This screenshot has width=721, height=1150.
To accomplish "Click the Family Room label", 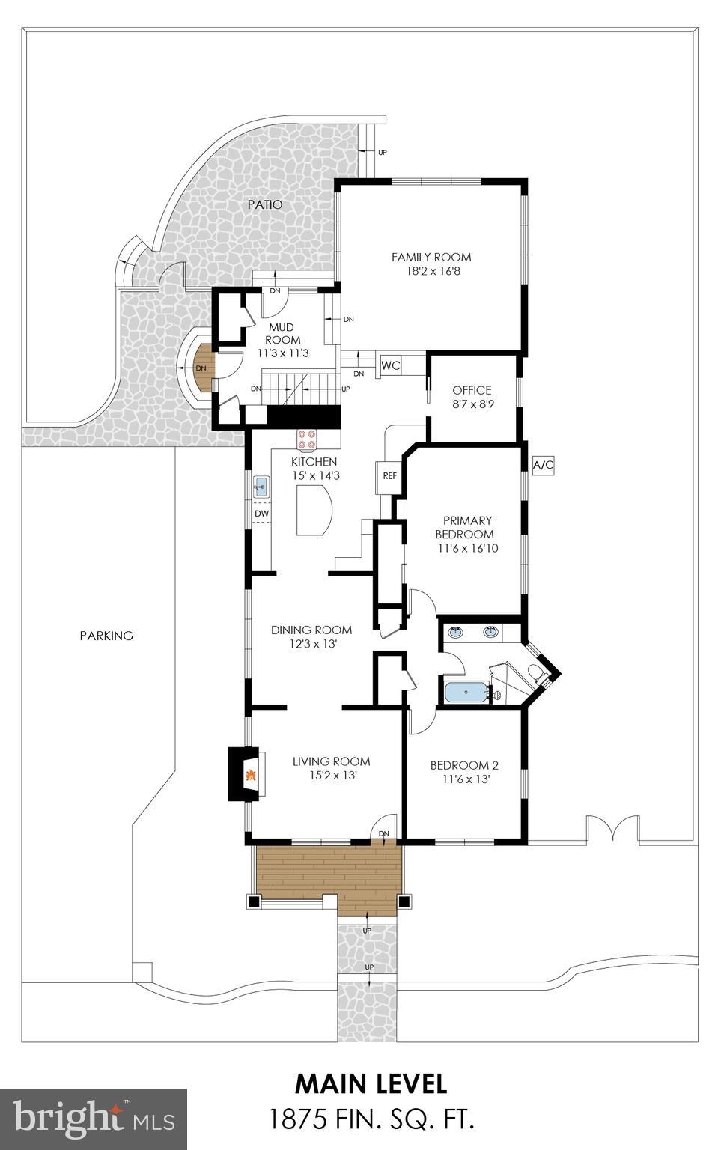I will click(431, 257).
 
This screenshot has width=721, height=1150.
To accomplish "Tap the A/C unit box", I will click(543, 465).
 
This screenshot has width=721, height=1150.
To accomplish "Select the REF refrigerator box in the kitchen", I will click(389, 476).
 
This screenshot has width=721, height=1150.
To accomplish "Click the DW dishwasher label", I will click(261, 514).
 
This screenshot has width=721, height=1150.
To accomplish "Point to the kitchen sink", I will click(261, 487).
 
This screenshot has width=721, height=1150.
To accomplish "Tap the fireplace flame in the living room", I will click(252, 776).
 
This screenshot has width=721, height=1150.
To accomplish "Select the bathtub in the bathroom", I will click(466, 693).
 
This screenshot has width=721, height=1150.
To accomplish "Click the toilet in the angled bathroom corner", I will click(536, 672).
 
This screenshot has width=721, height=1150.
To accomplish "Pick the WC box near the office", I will click(391, 366).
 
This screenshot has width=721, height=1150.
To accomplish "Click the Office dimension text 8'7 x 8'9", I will click(472, 404).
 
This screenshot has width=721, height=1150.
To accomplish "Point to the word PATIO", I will click(265, 204).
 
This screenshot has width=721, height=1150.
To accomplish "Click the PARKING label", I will click(106, 636).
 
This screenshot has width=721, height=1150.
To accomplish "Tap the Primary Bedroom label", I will click(467, 527).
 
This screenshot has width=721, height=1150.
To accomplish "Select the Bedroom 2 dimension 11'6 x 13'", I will click(464, 779).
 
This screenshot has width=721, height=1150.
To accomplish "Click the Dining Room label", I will click(311, 630).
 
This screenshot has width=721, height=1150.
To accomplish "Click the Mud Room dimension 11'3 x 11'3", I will click(283, 353).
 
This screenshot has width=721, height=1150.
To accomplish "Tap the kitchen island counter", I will click(314, 510).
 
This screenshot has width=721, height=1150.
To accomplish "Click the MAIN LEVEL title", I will click(371, 1083).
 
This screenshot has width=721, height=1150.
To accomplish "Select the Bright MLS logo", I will click(94, 1119).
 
